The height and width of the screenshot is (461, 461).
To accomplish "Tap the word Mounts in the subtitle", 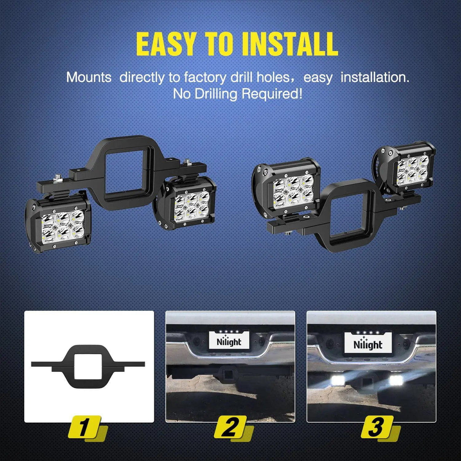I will pyautogui.click(x=89, y=77).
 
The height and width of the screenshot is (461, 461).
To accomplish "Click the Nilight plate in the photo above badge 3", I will pyautogui.click(x=368, y=344).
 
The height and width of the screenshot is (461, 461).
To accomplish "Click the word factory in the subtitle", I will pyautogui.click(x=205, y=77).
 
